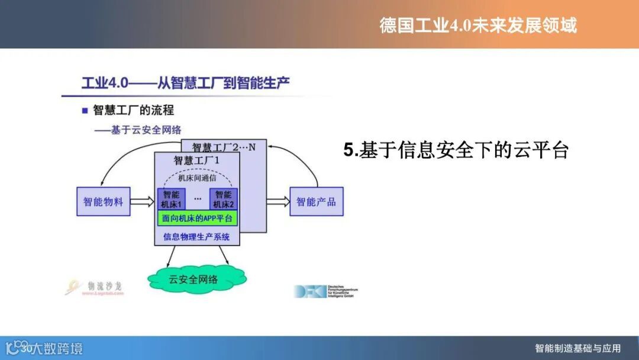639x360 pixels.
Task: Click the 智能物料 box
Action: (x=103, y=202)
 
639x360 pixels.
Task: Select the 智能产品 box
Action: (x=316, y=202)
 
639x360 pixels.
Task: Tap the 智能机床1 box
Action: (x=172, y=199)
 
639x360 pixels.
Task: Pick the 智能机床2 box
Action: (x=224, y=199)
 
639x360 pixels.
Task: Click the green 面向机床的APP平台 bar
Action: (x=198, y=218)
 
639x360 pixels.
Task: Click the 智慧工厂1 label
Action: (x=196, y=160)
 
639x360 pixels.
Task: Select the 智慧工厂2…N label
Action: (x=224, y=147)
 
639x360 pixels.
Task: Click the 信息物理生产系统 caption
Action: (x=197, y=237)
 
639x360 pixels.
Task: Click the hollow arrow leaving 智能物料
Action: (x=141, y=202)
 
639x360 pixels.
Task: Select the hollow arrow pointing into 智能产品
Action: (x=277, y=202)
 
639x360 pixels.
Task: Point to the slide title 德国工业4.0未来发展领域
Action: (x=478, y=25)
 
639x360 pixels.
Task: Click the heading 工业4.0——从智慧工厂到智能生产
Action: (x=186, y=83)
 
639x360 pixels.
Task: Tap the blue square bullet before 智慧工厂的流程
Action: (x=85, y=111)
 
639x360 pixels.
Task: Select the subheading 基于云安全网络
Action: (x=140, y=130)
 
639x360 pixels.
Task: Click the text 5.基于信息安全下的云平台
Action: (x=456, y=150)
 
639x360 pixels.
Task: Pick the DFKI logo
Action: (x=325, y=291)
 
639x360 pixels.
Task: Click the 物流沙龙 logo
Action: (x=95, y=287)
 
